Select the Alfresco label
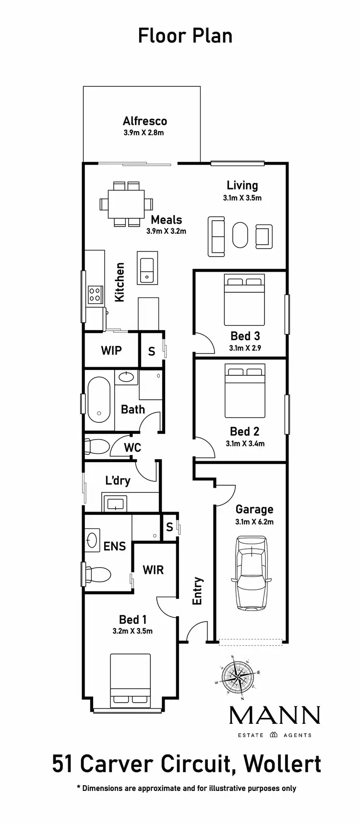point(144,121)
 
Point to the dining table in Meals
point(126,203)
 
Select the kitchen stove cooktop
point(95,294)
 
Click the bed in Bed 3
point(244,300)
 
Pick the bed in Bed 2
point(245,391)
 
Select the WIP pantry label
point(111,350)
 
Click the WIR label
point(153,570)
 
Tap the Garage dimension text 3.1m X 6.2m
point(254,522)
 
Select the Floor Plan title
point(185,36)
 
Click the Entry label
point(197,591)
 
